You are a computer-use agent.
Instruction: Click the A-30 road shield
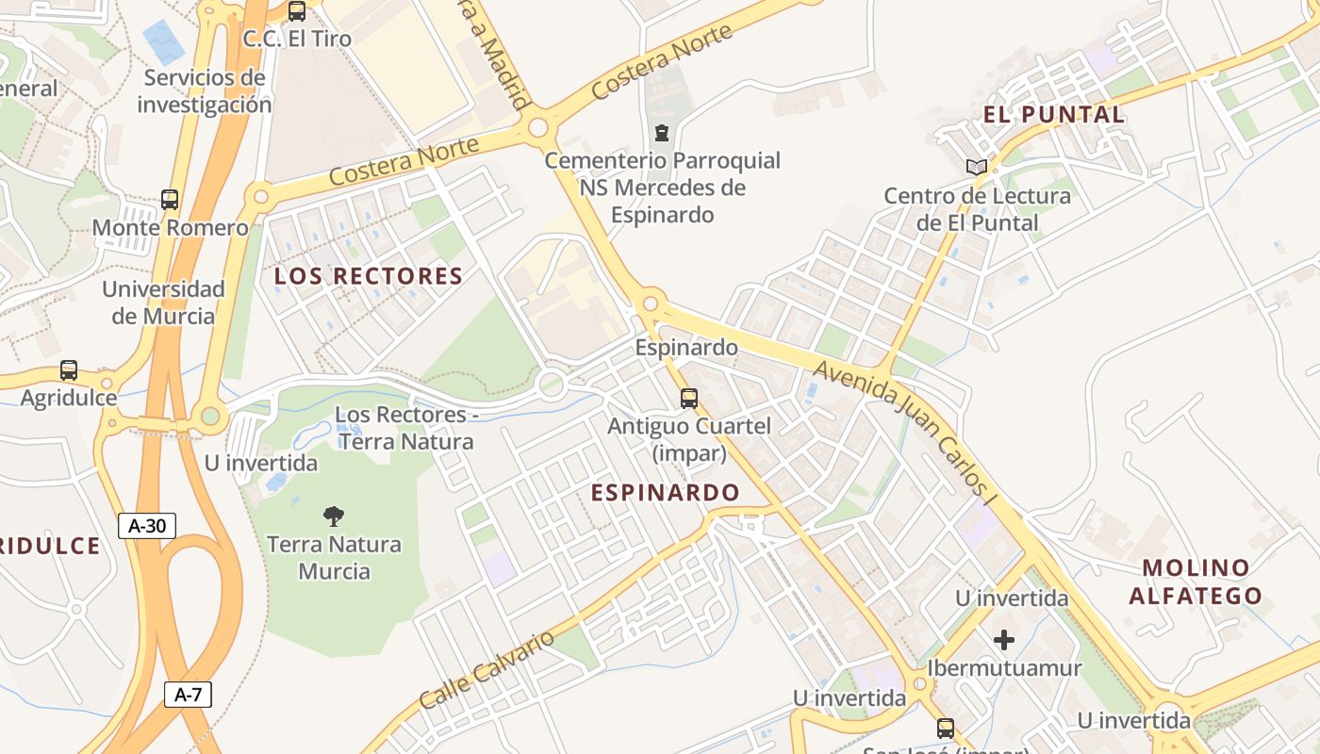click(147, 526)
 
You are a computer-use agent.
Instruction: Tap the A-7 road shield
click(188, 696)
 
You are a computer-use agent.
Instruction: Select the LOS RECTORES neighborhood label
click(368, 276)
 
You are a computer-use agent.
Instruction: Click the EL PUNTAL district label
click(1054, 115)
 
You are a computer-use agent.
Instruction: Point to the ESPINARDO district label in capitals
click(665, 492)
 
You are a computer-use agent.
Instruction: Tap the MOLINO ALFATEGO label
click(1196, 582)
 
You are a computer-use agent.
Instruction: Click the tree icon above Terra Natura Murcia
click(333, 516)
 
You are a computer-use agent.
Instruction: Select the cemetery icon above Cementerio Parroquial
click(662, 133)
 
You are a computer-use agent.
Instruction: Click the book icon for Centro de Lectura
click(976, 168)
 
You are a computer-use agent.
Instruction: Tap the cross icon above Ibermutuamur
click(1004, 640)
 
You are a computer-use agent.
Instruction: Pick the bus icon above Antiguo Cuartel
click(689, 398)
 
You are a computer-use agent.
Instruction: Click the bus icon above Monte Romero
click(170, 200)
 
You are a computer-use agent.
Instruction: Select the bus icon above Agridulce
click(69, 370)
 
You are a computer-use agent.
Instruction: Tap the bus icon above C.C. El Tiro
click(297, 11)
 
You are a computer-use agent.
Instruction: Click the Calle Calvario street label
click(487, 669)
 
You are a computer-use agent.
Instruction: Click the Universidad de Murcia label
click(163, 303)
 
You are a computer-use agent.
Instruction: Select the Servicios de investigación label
click(205, 90)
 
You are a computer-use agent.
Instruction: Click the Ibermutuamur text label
click(1004, 667)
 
